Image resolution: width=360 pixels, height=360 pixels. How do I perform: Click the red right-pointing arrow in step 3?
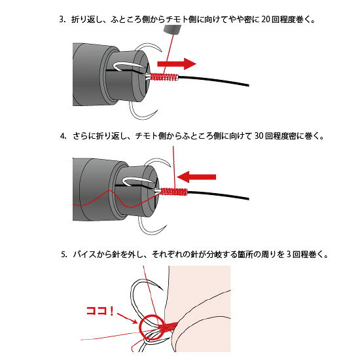click(177, 63)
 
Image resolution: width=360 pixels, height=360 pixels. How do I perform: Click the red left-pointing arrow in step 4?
click(196, 177)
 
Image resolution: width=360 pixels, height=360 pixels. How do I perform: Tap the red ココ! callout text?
click(100, 311)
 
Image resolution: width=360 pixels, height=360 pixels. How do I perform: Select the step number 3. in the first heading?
click(62, 19)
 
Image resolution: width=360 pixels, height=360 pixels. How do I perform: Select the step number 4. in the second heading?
click(63, 136)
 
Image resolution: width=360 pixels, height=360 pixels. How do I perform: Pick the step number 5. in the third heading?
click(64, 255)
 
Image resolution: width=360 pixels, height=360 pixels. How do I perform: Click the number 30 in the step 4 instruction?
click(259, 136)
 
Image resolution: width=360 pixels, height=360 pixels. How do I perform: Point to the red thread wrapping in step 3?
click(164, 77)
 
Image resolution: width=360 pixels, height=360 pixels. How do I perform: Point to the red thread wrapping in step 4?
click(174, 192)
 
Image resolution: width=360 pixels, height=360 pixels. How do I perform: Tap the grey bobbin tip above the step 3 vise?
click(172, 29)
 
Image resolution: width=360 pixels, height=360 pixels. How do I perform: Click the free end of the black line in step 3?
click(249, 85)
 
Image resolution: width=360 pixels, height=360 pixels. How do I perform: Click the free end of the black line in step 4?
click(248, 198)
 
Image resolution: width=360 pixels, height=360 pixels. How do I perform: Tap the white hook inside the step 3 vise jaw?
click(128, 66)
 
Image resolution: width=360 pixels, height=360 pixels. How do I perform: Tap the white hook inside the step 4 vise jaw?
click(137, 181)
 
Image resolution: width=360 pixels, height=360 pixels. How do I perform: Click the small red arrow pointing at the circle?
click(128, 318)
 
